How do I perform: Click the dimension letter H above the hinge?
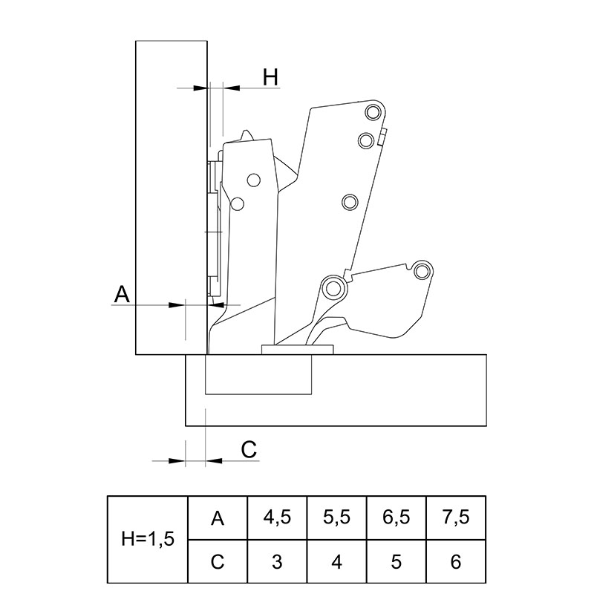(x=270, y=77)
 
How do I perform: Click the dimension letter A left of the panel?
(x=122, y=294)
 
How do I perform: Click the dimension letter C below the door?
(x=249, y=450)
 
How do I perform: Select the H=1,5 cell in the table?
(x=148, y=539)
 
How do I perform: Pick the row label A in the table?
(x=218, y=518)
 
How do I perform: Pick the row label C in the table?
(x=218, y=561)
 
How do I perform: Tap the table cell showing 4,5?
(x=277, y=518)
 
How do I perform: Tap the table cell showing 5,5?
(x=337, y=518)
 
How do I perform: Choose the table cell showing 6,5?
(x=396, y=518)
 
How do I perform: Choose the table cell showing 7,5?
(x=456, y=518)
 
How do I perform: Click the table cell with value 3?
(x=277, y=561)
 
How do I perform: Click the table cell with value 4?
(x=337, y=561)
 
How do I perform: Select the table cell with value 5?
(x=396, y=561)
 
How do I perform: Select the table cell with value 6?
(x=456, y=561)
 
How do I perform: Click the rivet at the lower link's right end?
(x=421, y=271)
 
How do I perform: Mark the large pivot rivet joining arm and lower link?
(x=333, y=289)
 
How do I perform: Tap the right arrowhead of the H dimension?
(x=231, y=88)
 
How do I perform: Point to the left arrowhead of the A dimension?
(x=177, y=304)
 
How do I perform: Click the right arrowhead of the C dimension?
(x=214, y=460)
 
